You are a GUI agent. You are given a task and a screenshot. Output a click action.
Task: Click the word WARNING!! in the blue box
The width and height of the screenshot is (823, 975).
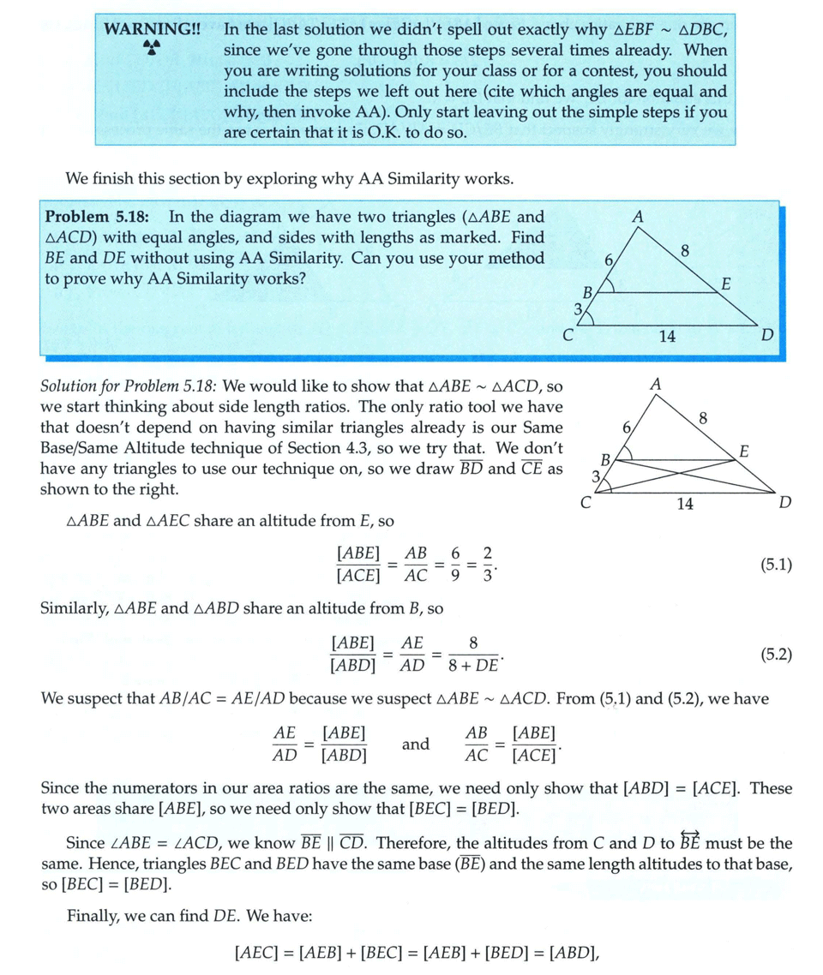pyautogui.click(x=152, y=28)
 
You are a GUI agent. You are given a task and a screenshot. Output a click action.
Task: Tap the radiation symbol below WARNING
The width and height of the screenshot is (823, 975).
pyautogui.click(x=151, y=49)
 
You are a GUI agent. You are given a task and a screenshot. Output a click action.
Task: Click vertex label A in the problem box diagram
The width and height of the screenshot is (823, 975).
pyautogui.click(x=637, y=217)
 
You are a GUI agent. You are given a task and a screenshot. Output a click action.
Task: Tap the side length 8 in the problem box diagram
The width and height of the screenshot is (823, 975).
pyautogui.click(x=683, y=251)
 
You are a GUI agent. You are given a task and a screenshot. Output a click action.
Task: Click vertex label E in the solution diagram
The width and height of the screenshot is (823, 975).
pyautogui.click(x=744, y=452)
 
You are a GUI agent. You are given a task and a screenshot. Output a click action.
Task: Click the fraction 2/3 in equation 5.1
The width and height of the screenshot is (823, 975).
pyautogui.click(x=487, y=565)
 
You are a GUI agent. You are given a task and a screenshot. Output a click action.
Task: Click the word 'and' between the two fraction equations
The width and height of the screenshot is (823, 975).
pyautogui.click(x=415, y=744)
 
